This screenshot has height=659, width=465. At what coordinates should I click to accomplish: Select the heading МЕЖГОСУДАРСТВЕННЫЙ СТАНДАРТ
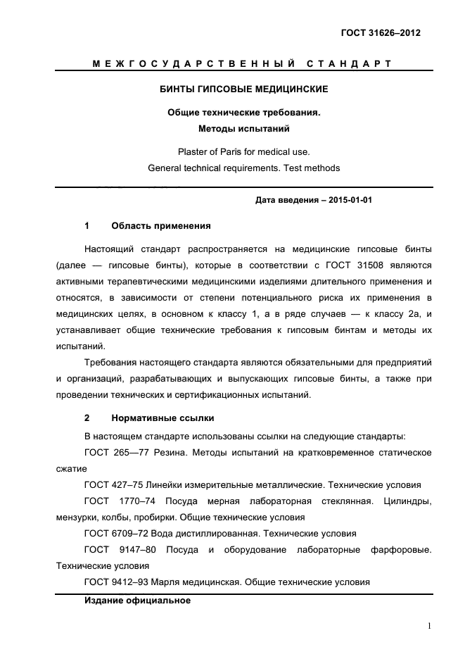coord(242,65)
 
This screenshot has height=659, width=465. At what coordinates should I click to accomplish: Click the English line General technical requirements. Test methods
coord(243,168)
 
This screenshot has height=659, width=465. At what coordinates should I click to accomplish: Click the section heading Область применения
coord(160,226)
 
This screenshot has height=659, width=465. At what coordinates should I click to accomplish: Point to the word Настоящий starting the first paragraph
coord(108,249)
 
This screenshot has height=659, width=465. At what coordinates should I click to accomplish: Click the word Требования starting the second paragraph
coord(110,362)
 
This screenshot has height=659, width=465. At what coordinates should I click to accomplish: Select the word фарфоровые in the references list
coord(401,549)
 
